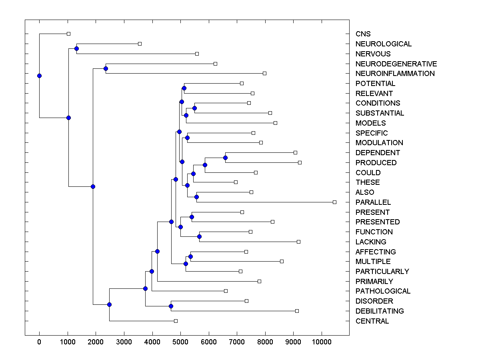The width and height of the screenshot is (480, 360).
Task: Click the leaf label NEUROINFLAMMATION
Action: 395,74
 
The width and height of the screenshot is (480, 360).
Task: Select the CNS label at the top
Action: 363,34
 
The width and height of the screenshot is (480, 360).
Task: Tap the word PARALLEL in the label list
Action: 373,202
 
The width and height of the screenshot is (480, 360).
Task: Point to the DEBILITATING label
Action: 379,311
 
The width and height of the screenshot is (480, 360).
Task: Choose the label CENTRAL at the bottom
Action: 372,321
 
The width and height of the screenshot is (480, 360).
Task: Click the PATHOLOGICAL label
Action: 383,291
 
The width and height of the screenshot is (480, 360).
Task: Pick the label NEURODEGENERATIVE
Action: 396,64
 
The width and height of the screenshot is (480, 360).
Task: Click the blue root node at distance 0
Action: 39,76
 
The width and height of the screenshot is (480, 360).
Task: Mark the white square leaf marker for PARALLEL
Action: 334,202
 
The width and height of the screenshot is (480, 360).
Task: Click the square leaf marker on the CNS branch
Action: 68,34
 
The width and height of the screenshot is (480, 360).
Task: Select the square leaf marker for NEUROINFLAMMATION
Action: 264,73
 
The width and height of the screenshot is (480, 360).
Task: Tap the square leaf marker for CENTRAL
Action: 176,321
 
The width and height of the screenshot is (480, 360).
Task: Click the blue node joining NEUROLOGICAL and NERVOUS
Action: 76,48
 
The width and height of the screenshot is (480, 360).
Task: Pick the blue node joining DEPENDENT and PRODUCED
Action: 225,158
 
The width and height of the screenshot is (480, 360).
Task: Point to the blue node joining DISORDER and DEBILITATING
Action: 171,306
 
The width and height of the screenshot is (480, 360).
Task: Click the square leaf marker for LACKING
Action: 298,242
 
